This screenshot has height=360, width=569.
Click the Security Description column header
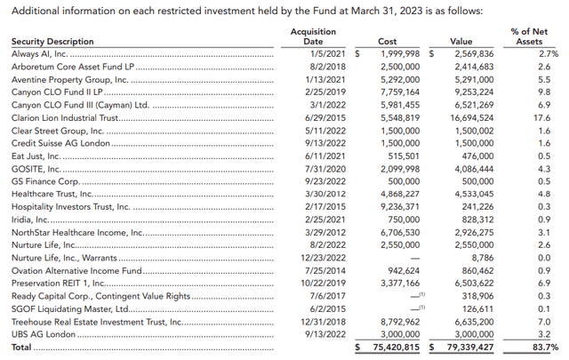[52, 42]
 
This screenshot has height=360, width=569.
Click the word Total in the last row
[21, 348]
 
